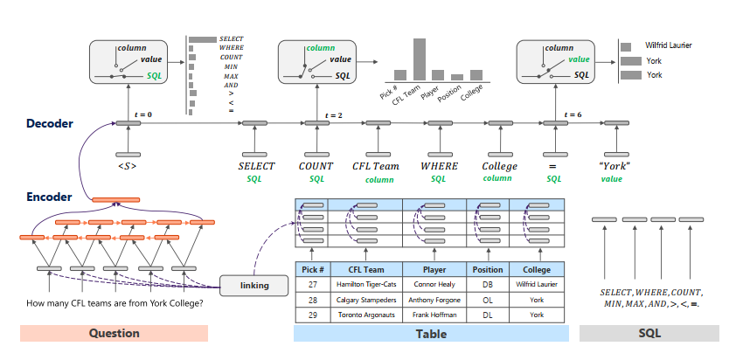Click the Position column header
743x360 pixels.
[487, 269]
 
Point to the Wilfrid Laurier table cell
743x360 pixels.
[537, 284]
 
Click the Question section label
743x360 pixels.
[114, 333]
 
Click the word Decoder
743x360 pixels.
[50, 124]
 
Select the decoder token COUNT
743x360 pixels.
[316, 166]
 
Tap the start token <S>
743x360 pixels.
[128, 166]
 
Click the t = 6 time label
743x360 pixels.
[573, 114]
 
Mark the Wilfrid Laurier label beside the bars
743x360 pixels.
[668, 45]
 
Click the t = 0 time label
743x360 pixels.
[142, 114]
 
